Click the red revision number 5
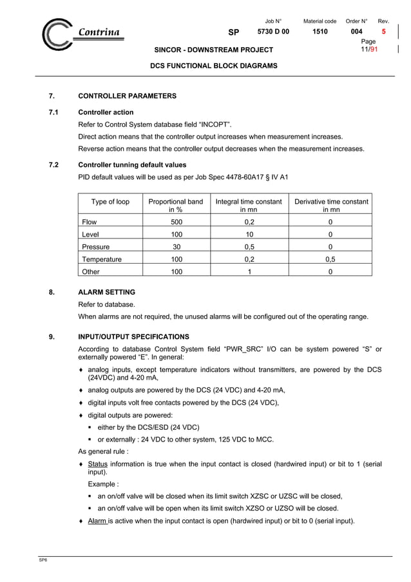tap(384, 32)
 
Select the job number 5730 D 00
tap(273, 32)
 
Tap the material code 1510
tap(320, 32)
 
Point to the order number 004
tap(356, 32)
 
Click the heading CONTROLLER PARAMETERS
tap(127, 96)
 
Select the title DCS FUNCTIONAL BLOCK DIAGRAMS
tap(214, 66)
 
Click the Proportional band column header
tap(175, 206)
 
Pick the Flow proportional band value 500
tap(176, 222)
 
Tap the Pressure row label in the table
tap(96, 247)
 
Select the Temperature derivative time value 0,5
tap(330, 259)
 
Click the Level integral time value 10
tap(249, 234)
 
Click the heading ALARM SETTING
tap(106, 292)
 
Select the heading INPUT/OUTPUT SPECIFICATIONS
tap(133, 336)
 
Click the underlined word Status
tap(97, 464)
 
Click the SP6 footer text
tap(43, 561)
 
